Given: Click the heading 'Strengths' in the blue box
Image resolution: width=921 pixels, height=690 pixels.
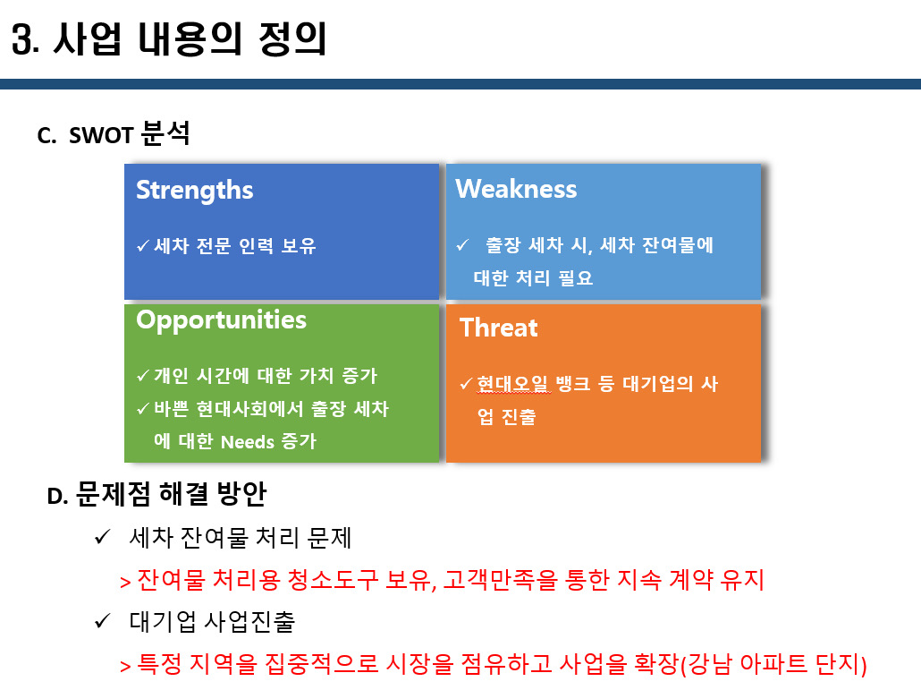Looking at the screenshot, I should pyautogui.click(x=194, y=190).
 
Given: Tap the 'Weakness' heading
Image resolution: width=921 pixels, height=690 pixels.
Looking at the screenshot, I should pyautogui.click(x=516, y=189).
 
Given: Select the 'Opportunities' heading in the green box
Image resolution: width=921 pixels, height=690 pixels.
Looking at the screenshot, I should pyautogui.click(x=221, y=320).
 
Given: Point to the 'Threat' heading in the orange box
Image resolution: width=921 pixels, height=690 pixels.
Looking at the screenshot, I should pyautogui.click(x=498, y=328).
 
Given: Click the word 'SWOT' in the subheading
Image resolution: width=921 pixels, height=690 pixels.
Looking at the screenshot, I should pyautogui.click(x=101, y=136).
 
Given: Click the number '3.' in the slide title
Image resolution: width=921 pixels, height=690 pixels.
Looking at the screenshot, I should pyautogui.click(x=26, y=41).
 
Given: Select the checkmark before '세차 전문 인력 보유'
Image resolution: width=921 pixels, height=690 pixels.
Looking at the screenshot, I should pyautogui.click(x=142, y=246).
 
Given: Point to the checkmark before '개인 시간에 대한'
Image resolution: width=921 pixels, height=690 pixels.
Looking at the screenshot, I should pyautogui.click(x=142, y=376).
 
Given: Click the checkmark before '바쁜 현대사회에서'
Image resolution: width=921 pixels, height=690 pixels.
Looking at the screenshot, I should pyautogui.click(x=142, y=409).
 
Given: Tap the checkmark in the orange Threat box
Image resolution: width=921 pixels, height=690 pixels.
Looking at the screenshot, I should pyautogui.click(x=465, y=384).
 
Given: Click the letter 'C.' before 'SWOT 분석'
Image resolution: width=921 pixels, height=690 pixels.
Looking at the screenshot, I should pyautogui.click(x=47, y=136).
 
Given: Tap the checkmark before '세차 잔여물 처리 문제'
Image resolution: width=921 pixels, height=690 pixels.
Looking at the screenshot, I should pyautogui.click(x=101, y=538).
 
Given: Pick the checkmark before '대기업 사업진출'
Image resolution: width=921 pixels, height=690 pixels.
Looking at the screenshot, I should pyautogui.click(x=101, y=621).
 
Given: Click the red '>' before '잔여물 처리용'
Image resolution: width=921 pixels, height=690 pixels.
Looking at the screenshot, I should pyautogui.click(x=125, y=582).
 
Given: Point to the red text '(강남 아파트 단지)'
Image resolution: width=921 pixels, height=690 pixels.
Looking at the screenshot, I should pyautogui.click(x=773, y=664).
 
